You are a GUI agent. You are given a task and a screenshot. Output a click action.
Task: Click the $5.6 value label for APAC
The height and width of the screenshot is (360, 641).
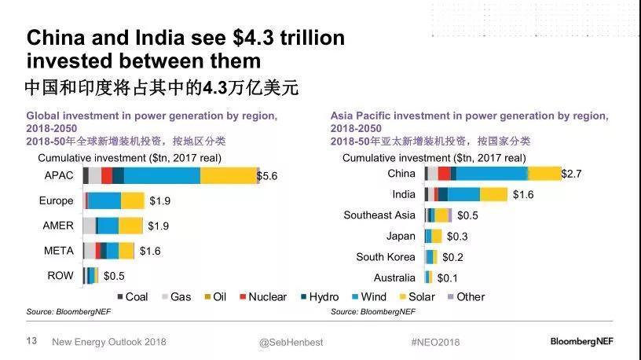click(267, 176)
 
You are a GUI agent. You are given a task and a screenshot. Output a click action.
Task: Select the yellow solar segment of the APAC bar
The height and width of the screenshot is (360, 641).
click(229, 175)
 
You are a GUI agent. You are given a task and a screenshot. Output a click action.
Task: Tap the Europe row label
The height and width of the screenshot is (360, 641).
click(57, 200)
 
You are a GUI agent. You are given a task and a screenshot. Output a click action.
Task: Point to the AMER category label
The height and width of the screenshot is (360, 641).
click(58, 226)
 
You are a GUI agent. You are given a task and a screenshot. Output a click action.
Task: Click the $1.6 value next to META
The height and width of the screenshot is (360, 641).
click(149, 251)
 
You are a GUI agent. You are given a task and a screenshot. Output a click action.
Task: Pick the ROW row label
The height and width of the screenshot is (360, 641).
click(60, 275)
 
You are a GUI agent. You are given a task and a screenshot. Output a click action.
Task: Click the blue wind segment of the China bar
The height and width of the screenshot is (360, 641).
click(492, 174)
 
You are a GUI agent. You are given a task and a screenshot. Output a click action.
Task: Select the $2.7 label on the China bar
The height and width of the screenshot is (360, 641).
click(571, 174)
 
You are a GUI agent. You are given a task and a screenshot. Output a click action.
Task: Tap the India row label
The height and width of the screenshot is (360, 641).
click(404, 194)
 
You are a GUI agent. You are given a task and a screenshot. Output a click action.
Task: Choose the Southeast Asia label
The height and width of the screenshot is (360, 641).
click(379, 215)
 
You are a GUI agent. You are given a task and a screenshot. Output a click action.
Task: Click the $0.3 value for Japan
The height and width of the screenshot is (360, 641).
click(457, 236)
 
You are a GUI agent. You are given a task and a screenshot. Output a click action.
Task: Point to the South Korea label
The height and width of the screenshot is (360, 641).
click(386, 256)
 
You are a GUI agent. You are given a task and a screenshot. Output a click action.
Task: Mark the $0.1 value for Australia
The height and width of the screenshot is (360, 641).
click(448, 277)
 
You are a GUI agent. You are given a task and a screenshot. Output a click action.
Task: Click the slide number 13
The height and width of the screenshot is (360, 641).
click(32, 341)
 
